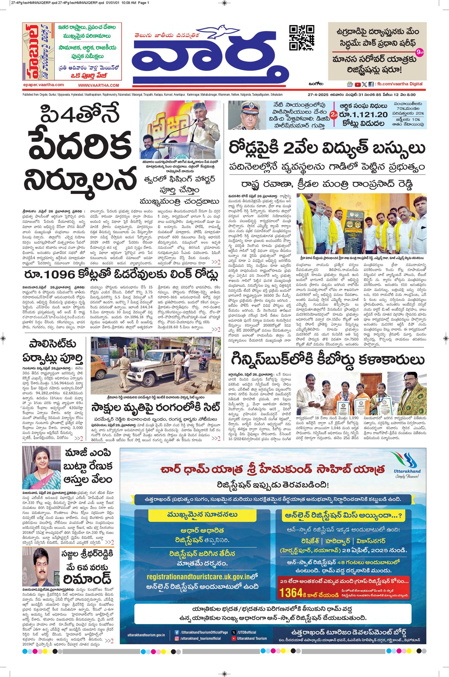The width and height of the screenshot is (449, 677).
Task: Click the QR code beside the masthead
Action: pyautogui.click(x=301, y=38)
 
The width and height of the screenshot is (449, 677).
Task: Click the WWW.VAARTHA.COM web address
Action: pyautogui.click(x=98, y=85)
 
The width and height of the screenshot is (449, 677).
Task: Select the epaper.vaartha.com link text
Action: pyautogui.click(x=43, y=85)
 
